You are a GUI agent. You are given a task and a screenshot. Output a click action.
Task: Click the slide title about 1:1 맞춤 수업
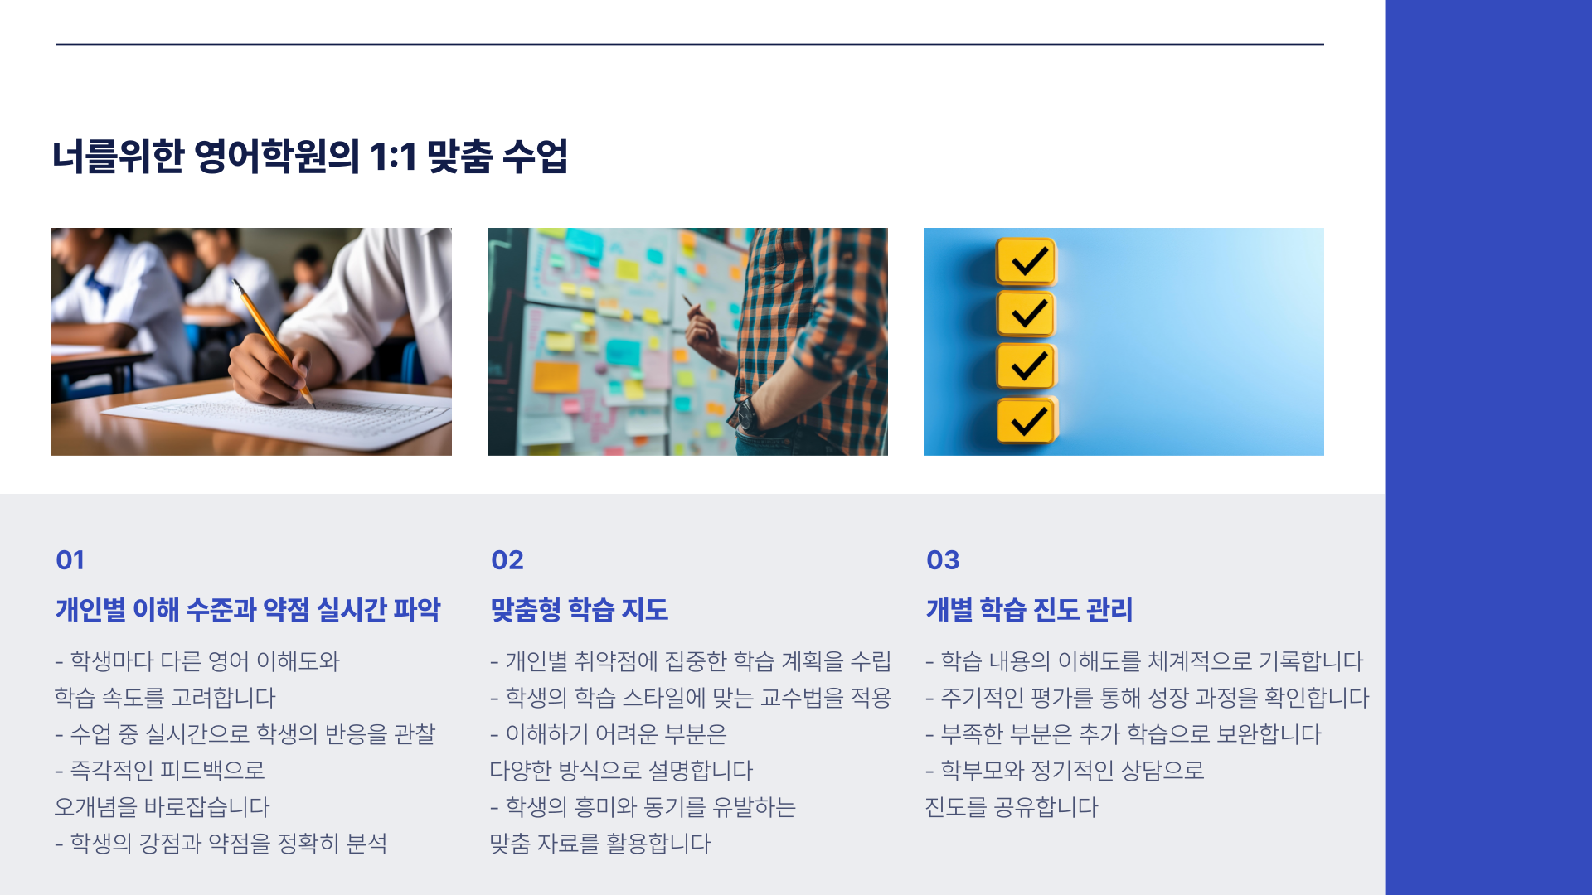pyautogui.click(x=310, y=156)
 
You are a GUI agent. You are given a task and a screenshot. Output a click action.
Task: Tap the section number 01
pyautogui.click(x=70, y=560)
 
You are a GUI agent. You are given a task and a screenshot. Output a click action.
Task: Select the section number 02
pyautogui.click(x=507, y=560)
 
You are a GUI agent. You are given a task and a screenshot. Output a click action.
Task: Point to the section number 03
pyautogui.click(x=943, y=560)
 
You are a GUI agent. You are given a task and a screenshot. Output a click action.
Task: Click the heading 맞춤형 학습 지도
pyautogui.click(x=580, y=610)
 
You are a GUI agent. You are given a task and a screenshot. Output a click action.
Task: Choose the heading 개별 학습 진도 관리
pyautogui.click(x=1029, y=610)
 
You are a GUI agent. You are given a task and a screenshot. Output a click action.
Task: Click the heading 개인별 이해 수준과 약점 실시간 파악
pyautogui.click(x=248, y=610)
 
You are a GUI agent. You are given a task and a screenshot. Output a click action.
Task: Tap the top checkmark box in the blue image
pyautogui.click(x=1027, y=262)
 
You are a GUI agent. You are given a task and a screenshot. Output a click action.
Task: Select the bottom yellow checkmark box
pyautogui.click(x=1027, y=420)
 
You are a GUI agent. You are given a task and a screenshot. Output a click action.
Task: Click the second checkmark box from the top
pyautogui.click(x=1027, y=314)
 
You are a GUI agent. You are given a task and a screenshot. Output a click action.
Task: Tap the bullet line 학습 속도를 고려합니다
pyautogui.click(x=165, y=698)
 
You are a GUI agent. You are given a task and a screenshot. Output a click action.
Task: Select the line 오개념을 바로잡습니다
pyautogui.click(x=163, y=807)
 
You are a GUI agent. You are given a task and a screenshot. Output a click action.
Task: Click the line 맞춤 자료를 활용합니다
pyautogui.click(x=600, y=844)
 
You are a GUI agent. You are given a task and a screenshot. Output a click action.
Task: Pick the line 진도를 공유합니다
pyautogui.click(x=1012, y=807)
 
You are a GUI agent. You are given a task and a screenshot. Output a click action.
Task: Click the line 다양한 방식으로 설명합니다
pyautogui.click(x=621, y=771)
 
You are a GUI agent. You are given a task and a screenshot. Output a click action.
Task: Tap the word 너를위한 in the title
pyautogui.click(x=118, y=156)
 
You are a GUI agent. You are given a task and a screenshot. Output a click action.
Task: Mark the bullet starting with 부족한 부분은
pyautogui.click(x=1124, y=734)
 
